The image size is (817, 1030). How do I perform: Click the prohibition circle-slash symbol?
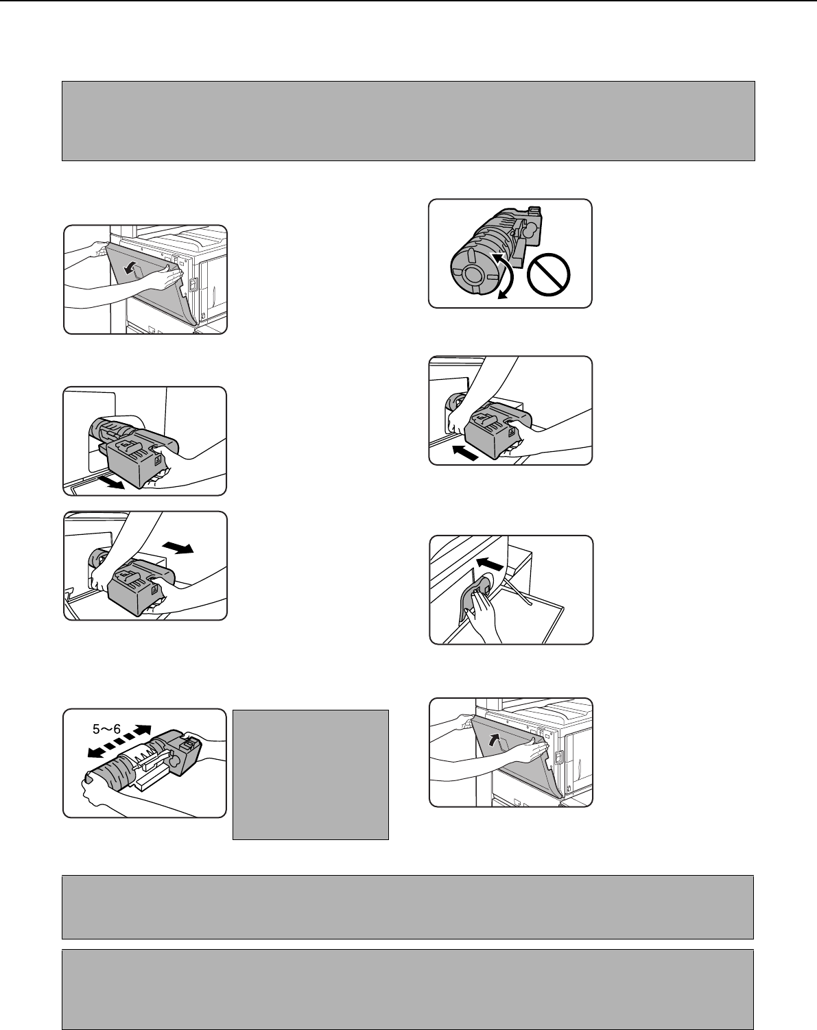pos(548,275)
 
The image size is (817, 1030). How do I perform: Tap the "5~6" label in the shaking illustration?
pos(106,729)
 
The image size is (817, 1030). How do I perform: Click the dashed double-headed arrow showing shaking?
pos(119,741)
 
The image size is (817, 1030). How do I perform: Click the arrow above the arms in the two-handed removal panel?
pos(178,547)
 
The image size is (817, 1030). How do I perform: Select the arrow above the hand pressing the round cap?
pos(489,563)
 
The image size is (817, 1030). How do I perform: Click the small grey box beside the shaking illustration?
pos(310,775)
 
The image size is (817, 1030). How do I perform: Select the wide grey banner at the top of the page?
pos(408,121)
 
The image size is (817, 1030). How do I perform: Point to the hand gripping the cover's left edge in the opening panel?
pos(100,250)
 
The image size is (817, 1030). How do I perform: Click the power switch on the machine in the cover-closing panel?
pos(558,757)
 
